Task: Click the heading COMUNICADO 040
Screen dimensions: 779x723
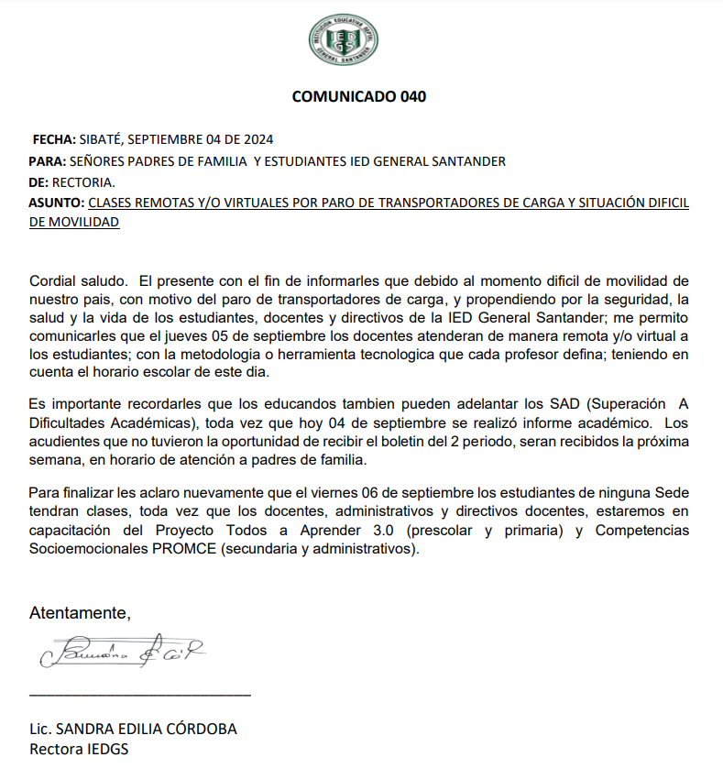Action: (x=358, y=96)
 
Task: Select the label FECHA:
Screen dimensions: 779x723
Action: (x=54, y=139)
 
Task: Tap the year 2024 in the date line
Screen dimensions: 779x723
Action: (x=257, y=139)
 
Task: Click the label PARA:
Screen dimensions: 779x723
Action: (x=48, y=161)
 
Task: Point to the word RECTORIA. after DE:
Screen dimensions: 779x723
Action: (x=84, y=182)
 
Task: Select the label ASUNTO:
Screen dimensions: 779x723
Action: (x=56, y=203)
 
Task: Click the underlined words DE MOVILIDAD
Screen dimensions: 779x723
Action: (x=74, y=222)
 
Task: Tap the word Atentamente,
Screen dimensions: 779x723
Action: (x=80, y=612)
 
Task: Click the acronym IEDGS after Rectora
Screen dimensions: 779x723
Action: (x=104, y=749)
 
